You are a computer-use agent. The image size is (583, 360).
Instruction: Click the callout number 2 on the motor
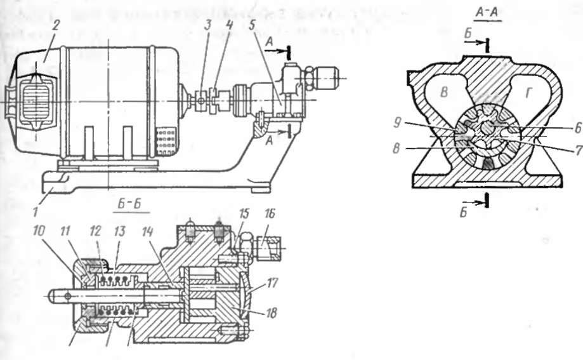pyautogui.click(x=56, y=25)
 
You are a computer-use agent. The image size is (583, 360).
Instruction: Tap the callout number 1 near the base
pyautogui.click(x=35, y=212)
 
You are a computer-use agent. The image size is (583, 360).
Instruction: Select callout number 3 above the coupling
pyautogui.click(x=208, y=25)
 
